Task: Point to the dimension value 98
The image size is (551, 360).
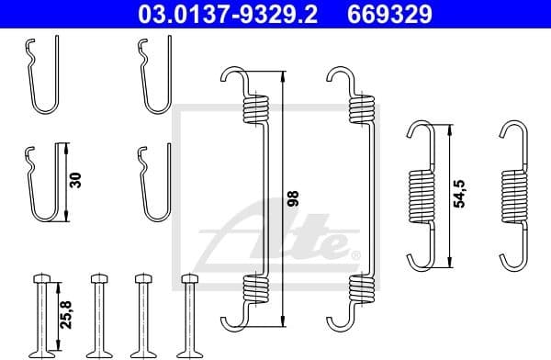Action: pyautogui.click(x=293, y=197)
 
